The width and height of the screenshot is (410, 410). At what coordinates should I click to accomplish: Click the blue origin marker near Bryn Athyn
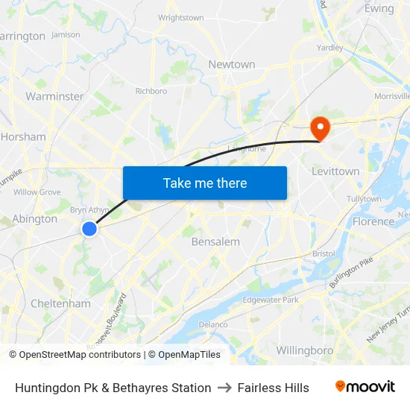tap(89, 229)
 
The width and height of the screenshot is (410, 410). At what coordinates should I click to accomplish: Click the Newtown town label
tap(231, 65)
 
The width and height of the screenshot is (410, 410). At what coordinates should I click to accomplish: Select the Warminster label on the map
tap(54, 96)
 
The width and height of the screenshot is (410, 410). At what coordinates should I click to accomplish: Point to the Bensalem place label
tap(215, 242)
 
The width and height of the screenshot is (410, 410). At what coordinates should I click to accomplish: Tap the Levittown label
tap(335, 171)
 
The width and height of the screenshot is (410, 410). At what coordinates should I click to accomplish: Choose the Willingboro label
tap(304, 350)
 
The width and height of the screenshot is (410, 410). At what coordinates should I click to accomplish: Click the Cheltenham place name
tap(60, 303)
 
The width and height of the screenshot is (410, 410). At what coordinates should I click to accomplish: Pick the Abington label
tap(34, 219)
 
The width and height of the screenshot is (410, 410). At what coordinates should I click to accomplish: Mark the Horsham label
tap(23, 137)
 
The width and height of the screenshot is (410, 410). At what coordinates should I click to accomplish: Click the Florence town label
tap(373, 221)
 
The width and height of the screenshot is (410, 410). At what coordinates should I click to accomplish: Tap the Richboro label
tap(151, 92)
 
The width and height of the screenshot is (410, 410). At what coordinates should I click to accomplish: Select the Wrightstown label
tap(180, 17)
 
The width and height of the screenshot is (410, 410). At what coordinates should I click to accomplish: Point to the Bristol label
tap(324, 253)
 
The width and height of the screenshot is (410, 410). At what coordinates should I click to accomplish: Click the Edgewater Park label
tap(271, 300)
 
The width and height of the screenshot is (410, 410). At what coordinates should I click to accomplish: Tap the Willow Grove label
tap(37, 192)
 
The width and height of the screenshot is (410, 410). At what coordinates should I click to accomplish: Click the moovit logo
tap(365, 387)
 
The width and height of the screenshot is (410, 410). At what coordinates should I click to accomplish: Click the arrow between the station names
tap(224, 388)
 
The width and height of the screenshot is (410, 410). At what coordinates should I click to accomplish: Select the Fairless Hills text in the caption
tap(273, 388)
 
